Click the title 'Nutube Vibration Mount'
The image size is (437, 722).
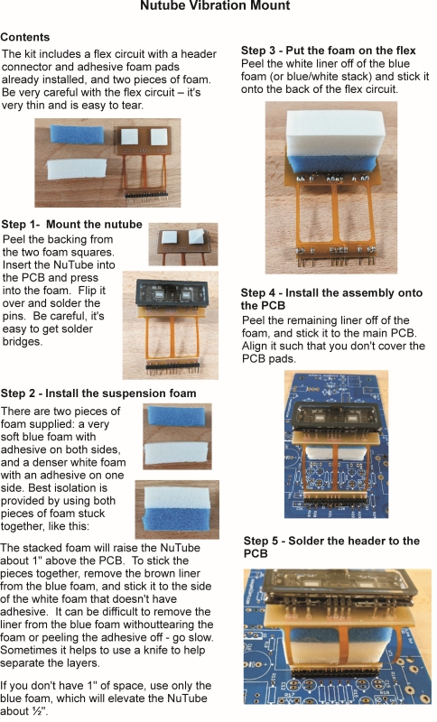click(x=215, y=5)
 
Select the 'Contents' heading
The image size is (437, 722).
click(x=25, y=37)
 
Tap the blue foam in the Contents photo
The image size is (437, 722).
click(x=77, y=134)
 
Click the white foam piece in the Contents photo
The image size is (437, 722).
click(x=77, y=171)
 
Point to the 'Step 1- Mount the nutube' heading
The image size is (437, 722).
click(x=72, y=224)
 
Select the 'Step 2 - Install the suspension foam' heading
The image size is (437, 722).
click(x=98, y=393)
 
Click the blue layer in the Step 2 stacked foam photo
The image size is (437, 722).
click(x=176, y=518)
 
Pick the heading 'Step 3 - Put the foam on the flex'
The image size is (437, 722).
click(x=329, y=51)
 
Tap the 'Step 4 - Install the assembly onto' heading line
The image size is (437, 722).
click(x=331, y=292)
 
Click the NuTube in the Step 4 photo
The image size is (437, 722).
click(x=335, y=418)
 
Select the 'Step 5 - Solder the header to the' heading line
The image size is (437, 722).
click(x=331, y=541)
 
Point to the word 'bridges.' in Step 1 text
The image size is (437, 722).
click(x=22, y=342)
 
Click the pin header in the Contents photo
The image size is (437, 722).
click(x=146, y=196)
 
